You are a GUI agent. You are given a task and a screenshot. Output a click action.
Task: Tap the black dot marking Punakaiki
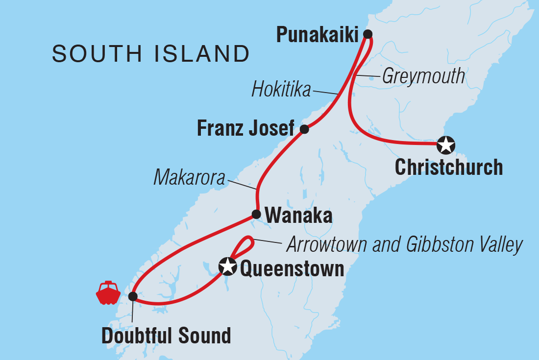coord(367,34)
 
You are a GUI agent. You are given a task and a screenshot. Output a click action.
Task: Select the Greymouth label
coord(423,76)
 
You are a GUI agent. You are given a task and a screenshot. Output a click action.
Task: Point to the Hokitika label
coord(281,90)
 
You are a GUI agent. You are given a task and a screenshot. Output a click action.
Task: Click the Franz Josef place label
coord(245,129)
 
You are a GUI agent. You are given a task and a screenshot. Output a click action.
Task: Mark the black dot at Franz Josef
coord(304,129)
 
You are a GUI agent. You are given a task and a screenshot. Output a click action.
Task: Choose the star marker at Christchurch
coord(446,144)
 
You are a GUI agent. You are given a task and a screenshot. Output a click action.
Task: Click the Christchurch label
coord(448,168)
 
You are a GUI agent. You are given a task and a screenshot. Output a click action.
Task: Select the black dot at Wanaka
coord(256,214)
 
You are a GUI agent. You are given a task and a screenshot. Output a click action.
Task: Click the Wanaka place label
coord(298,216)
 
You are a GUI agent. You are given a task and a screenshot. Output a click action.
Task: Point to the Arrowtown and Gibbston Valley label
coord(405,245)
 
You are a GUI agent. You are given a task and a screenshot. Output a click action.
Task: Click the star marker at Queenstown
coord(227,267)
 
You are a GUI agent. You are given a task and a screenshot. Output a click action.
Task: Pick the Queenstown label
coord(291,268)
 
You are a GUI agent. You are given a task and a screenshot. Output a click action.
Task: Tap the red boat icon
coord(108,293)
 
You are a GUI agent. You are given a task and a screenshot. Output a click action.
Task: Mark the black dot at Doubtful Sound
coord(132,296)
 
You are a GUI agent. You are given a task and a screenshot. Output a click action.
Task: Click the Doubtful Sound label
coord(166,336)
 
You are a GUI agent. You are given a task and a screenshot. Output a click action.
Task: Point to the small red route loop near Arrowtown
coord(246,243)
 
